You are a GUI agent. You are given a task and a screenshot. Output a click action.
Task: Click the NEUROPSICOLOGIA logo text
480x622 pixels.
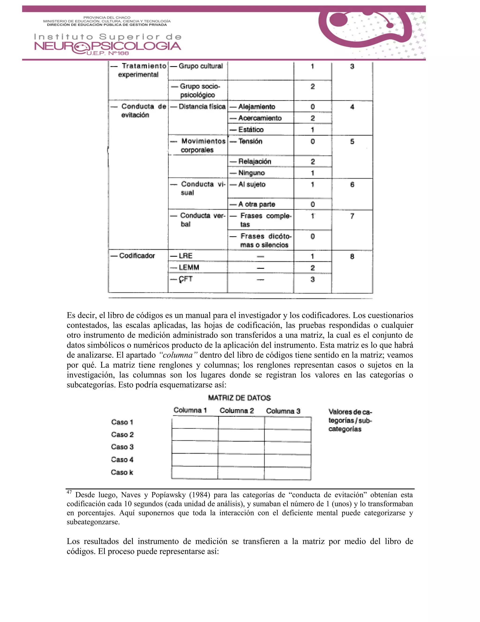(x=108, y=46)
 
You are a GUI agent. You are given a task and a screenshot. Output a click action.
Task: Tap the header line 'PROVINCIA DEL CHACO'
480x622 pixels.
(x=107, y=17)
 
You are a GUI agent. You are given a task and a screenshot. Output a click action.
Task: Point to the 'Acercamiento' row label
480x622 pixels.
(x=260, y=118)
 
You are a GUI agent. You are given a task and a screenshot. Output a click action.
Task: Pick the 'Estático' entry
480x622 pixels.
(x=251, y=130)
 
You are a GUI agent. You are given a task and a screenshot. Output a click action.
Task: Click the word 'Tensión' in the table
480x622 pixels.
(x=250, y=141)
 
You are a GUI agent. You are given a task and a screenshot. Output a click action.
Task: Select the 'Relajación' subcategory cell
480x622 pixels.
(x=255, y=161)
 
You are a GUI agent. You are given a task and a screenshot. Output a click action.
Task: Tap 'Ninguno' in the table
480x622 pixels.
(x=251, y=173)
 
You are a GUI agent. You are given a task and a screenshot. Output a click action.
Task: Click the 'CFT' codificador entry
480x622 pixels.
(x=185, y=279)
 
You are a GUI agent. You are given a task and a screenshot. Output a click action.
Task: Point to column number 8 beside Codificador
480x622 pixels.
(x=352, y=256)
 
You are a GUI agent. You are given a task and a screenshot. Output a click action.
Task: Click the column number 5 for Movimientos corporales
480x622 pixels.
(x=352, y=142)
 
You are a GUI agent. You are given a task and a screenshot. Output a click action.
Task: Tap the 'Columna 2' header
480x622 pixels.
(x=236, y=410)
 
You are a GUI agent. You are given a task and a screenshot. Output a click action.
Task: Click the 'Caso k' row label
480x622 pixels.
(x=122, y=472)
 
